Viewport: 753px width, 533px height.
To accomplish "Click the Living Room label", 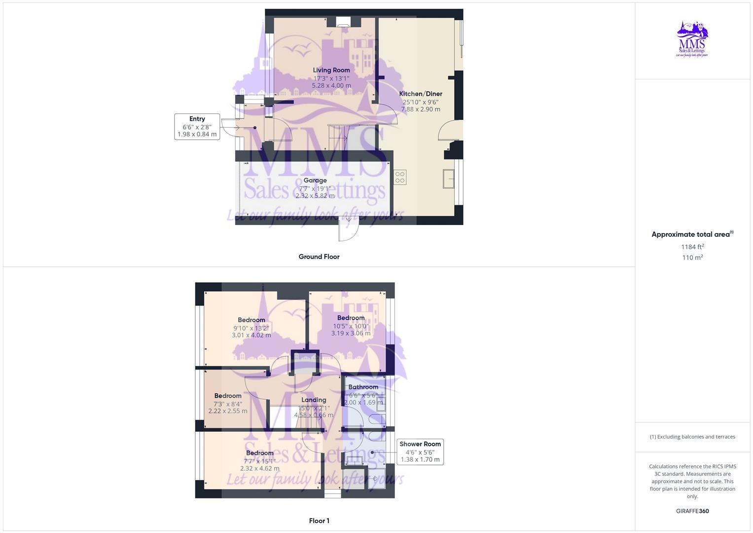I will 331,70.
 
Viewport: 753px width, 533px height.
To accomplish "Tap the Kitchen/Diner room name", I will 421,94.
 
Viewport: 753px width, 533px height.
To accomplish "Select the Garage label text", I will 315,181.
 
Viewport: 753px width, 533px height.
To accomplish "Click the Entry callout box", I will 197,126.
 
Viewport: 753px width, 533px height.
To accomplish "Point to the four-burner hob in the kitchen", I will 400,177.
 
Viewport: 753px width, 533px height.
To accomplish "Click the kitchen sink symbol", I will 450,179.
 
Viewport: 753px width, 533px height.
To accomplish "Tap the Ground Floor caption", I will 319,257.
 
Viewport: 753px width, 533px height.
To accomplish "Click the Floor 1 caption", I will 319,521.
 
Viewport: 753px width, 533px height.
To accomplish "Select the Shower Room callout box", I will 420,452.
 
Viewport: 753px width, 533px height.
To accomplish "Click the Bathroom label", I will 363,387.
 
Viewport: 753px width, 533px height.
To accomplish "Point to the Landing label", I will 314,400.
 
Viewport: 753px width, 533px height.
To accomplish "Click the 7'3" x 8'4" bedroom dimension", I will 228,404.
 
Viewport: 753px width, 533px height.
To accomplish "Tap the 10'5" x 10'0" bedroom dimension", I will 351,326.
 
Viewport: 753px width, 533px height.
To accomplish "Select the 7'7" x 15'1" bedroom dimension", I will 260,461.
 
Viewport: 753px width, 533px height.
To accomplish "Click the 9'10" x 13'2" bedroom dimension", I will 251,328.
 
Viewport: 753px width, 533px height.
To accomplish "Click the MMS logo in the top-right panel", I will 692,39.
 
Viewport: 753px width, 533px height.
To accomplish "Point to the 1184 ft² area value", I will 692,247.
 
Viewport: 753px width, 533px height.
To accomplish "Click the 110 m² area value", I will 692,258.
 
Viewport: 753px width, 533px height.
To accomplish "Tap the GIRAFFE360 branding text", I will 692,511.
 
